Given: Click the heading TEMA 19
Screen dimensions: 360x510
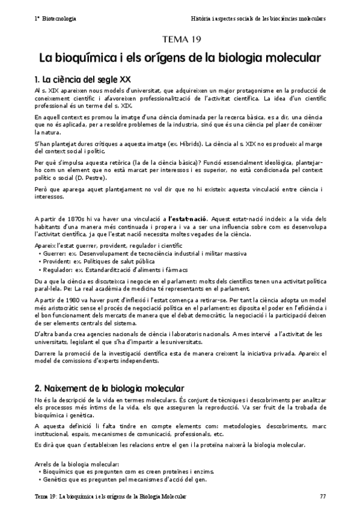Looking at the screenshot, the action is coord(180,40).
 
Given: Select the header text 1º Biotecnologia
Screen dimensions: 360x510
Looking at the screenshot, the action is coord(55,19).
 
